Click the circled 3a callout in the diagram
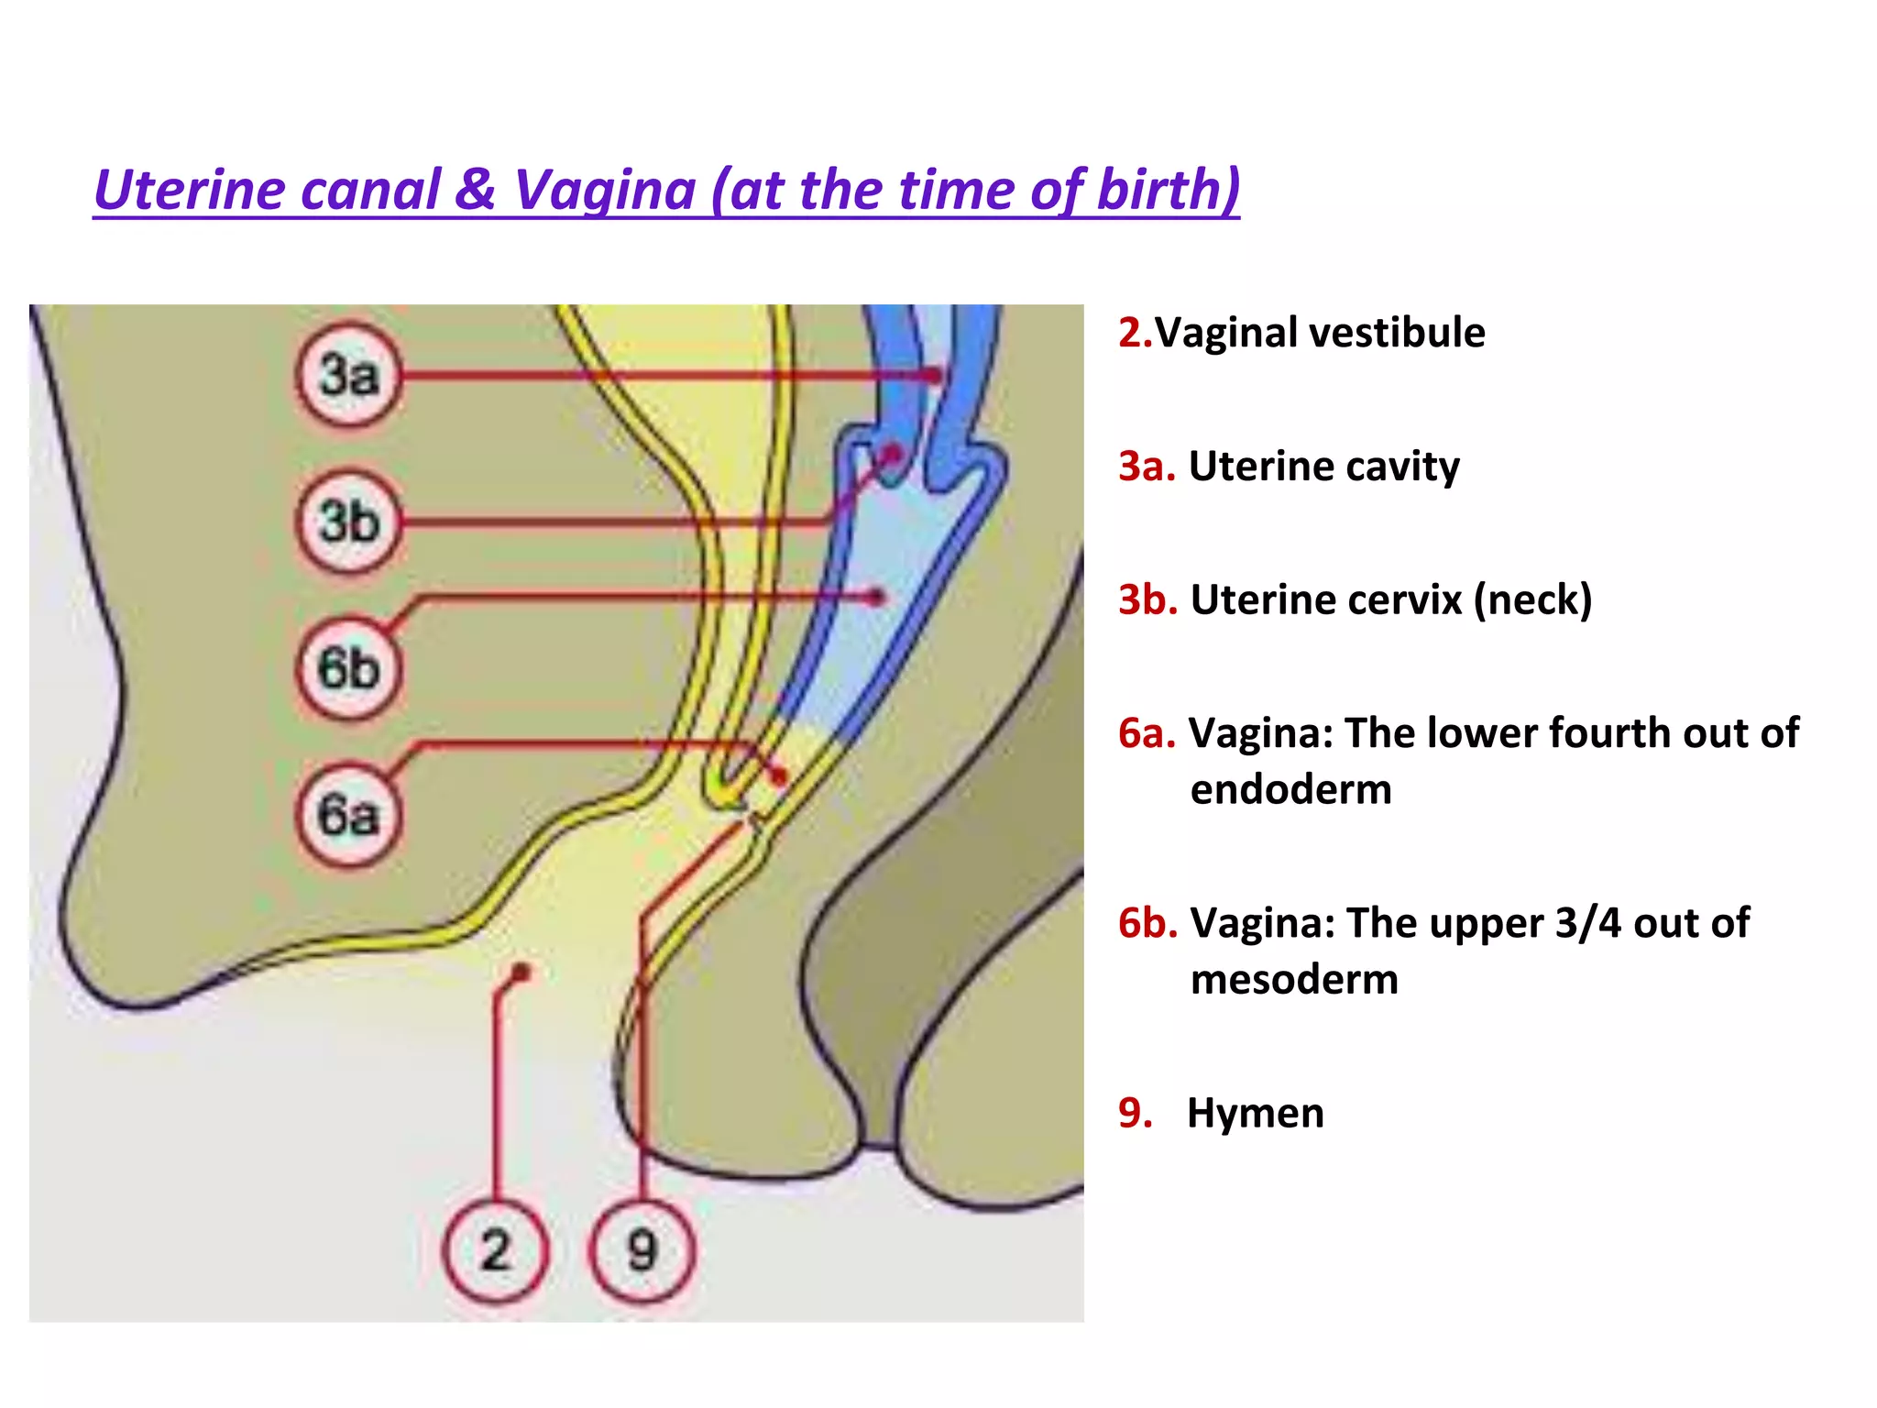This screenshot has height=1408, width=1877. [x=349, y=375]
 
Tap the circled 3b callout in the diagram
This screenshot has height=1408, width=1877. [x=349, y=522]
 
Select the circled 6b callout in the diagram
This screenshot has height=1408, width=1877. [x=349, y=668]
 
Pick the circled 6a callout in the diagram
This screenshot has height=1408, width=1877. [x=349, y=815]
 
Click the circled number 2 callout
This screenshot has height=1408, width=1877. [x=495, y=1250]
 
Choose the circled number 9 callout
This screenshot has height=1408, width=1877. [x=642, y=1250]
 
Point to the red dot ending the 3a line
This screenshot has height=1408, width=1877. [x=933, y=375]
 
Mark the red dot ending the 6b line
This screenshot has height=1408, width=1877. [x=877, y=598]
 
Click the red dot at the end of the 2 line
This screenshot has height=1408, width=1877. [x=521, y=972]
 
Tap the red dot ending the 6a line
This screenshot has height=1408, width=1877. [x=779, y=777]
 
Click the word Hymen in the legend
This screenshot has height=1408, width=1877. [x=1256, y=1113]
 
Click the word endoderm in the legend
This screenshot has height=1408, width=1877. [x=1290, y=789]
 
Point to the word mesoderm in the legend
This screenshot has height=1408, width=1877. [x=1294, y=979]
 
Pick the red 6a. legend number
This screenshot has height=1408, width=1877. [x=1147, y=733]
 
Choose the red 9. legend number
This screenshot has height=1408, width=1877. [x=1136, y=1113]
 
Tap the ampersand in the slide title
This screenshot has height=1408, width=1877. [x=475, y=190]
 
